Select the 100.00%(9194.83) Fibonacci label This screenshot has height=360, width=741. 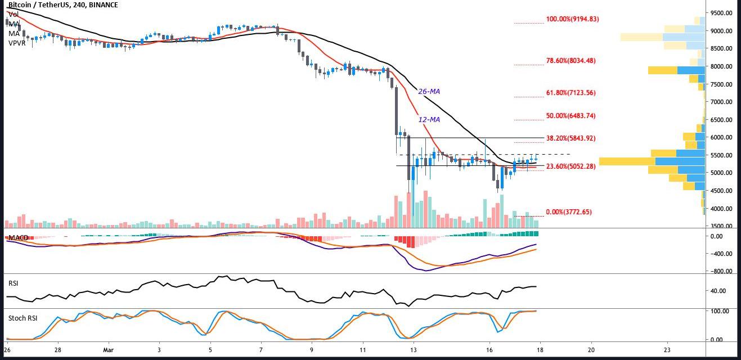572,19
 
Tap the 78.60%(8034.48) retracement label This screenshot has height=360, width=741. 571,61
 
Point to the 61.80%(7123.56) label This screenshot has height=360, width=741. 571,93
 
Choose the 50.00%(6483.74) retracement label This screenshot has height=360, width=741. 571,116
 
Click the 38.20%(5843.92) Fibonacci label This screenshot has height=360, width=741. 571,138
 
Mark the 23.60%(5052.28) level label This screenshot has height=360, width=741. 571,166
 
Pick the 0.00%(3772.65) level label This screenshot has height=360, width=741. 569,212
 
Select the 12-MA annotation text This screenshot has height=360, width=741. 429,120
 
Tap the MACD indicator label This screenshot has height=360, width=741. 19,238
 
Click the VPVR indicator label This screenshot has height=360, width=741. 17,42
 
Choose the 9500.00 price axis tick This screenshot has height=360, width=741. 722,13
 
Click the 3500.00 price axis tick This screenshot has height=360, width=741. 722,227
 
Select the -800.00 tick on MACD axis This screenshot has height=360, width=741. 721,272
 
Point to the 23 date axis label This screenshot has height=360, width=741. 667,349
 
